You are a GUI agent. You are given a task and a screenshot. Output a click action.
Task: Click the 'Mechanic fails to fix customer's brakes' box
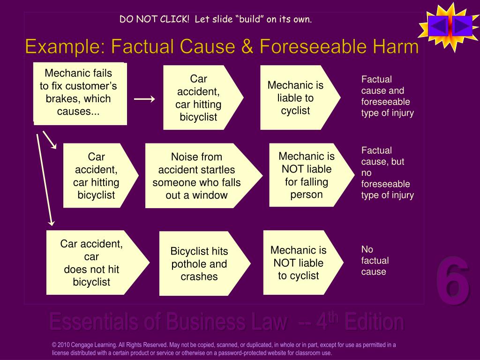[80, 93]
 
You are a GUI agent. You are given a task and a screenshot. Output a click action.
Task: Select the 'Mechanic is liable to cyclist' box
[296, 97]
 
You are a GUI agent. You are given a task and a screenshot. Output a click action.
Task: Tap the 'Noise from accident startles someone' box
[197, 176]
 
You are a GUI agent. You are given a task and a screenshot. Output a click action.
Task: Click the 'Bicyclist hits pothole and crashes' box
[199, 263]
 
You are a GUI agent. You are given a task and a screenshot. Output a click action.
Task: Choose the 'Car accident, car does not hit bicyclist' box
[92, 262]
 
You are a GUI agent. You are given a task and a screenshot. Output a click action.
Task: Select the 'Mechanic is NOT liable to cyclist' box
[299, 262]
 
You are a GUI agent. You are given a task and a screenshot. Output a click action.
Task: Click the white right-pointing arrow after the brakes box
[144, 99]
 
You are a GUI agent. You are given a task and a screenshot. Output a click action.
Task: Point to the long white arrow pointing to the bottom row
[45, 178]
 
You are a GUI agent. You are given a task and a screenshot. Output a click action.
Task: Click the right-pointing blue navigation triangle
[462, 26]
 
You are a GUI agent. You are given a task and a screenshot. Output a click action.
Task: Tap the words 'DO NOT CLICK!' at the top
[154, 19]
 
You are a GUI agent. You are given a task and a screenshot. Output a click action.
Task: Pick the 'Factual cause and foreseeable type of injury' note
[387, 96]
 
